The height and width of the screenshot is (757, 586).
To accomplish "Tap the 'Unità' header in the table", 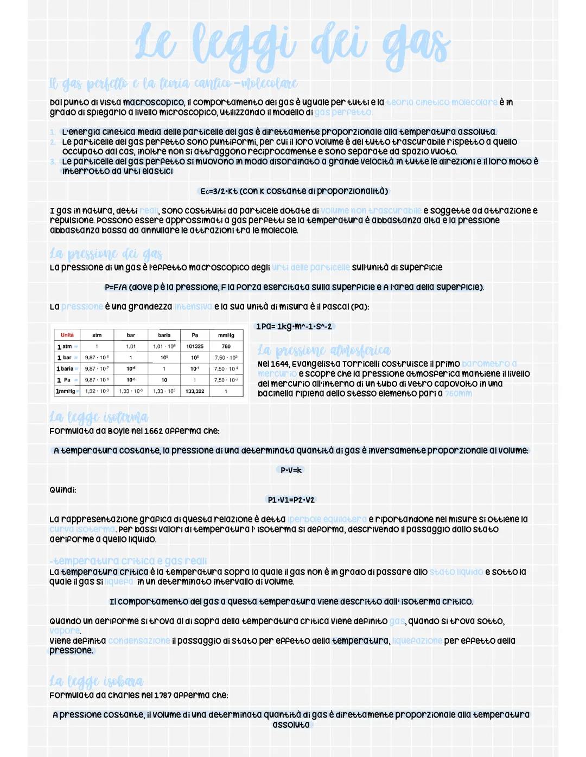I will (67, 335).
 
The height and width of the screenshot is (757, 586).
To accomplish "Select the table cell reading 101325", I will (195, 346).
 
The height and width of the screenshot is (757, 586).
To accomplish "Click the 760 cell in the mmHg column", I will (226, 346).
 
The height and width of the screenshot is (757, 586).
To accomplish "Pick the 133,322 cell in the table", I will (195, 391).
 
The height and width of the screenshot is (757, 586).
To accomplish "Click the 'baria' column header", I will (164, 335).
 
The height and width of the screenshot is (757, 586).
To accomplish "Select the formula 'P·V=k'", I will (291, 470).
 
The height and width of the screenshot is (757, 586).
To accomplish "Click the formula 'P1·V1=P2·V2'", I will (291, 500).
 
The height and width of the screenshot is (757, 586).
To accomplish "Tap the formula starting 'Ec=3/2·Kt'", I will (294, 191).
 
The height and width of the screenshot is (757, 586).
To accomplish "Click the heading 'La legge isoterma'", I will (98, 417).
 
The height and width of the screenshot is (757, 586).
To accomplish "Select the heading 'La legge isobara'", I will (96, 681).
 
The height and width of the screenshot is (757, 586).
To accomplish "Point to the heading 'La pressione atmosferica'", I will (324, 351).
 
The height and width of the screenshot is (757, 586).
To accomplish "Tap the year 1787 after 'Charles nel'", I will (163, 695).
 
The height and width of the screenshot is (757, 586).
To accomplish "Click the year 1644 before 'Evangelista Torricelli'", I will (281, 364).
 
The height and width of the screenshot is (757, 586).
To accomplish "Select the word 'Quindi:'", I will (63, 490).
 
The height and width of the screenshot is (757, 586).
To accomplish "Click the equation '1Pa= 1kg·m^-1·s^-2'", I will (294, 326).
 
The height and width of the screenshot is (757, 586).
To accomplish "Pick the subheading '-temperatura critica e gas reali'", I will (128, 561).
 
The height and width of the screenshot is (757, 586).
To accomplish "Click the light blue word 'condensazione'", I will (139, 641).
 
